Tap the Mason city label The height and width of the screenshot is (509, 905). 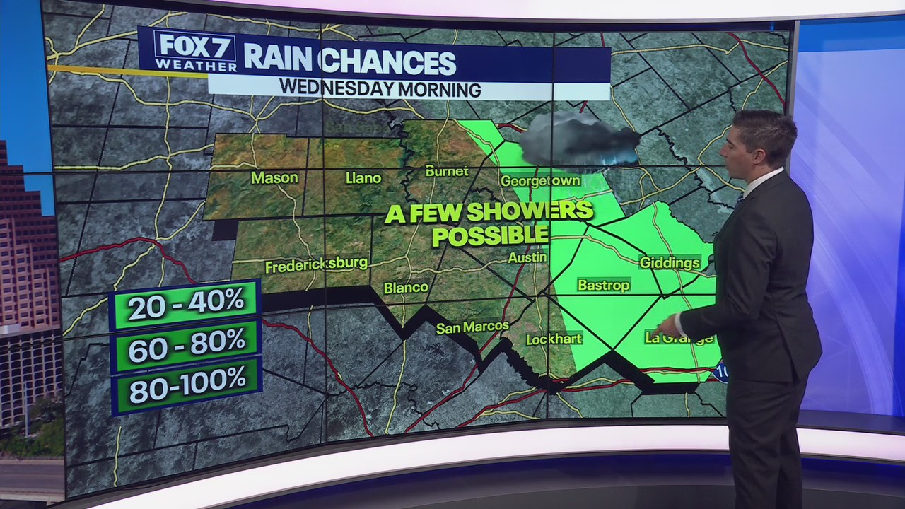[x=274, y=177]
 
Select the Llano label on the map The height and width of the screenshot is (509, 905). [x=363, y=178]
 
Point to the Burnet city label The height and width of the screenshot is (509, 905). [x=447, y=171]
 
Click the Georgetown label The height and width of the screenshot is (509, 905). [x=540, y=181]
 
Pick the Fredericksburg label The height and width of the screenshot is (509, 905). [x=316, y=265]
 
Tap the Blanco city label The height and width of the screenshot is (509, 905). [x=406, y=287]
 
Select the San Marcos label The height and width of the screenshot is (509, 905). [x=472, y=327]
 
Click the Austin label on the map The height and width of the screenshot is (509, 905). [x=527, y=257]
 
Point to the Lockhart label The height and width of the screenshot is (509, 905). [x=554, y=339]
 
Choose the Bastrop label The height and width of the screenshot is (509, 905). [x=603, y=285]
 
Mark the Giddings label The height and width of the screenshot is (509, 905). [x=670, y=263]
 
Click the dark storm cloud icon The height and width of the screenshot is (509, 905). [x=576, y=138]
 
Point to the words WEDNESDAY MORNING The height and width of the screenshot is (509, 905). [x=380, y=89]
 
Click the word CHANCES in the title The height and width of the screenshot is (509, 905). [x=387, y=62]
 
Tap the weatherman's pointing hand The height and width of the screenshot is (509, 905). [x=665, y=327]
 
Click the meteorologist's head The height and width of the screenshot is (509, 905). [x=757, y=138]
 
